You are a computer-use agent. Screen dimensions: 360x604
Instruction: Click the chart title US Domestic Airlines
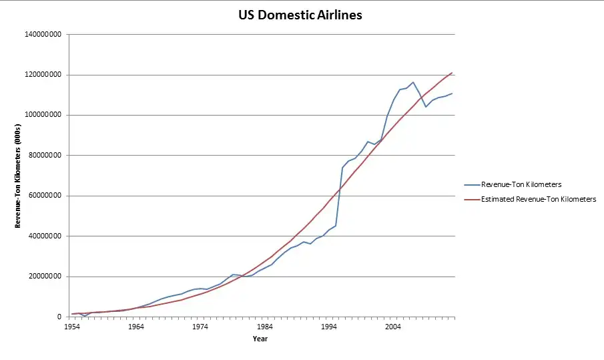(300, 14)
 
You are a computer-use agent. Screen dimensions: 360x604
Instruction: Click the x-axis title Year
(261, 339)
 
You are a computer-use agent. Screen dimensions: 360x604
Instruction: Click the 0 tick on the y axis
(60, 317)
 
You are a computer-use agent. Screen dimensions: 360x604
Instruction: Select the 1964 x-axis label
(135, 327)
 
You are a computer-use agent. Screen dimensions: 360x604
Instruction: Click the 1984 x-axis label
(265, 327)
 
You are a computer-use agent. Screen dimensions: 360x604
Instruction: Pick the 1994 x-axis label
(329, 327)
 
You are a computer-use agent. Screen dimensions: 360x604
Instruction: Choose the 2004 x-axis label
(393, 327)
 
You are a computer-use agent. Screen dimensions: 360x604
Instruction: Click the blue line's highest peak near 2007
(413, 82)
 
